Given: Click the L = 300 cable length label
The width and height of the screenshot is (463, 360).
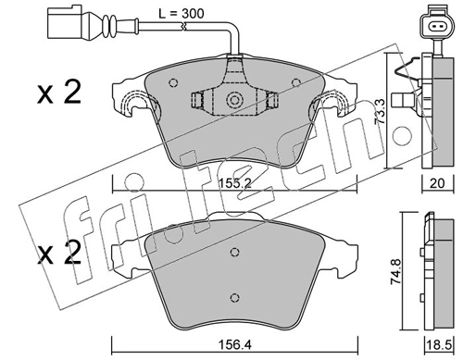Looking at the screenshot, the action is (181, 13).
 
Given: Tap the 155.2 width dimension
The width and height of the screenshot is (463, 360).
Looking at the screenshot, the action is (235, 183).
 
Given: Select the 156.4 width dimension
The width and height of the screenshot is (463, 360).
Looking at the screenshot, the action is (234, 344).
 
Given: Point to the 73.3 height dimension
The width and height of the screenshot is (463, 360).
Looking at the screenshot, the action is (380, 111).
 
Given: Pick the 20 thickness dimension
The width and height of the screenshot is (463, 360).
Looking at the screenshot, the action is (437, 183).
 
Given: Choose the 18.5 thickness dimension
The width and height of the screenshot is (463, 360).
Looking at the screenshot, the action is (439, 345).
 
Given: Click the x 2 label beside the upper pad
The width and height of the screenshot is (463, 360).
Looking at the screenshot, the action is (59, 92).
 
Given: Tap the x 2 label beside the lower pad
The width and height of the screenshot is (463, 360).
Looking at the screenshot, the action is (59, 253).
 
